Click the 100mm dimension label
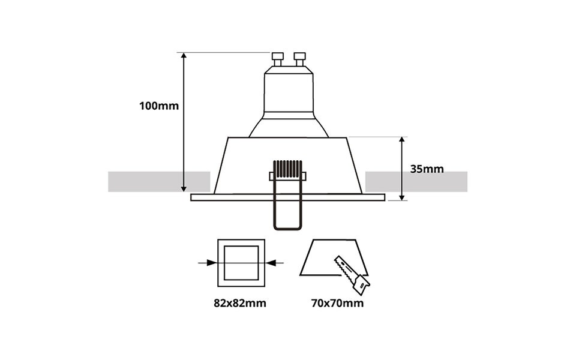coord(159,106)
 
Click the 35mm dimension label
coord(427,169)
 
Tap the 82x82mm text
coord(239,303)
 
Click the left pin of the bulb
coord(277,59)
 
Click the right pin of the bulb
coord(299,59)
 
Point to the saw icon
coord(352,273)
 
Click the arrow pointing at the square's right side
coord(271,262)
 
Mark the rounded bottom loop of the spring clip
coord(288,224)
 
